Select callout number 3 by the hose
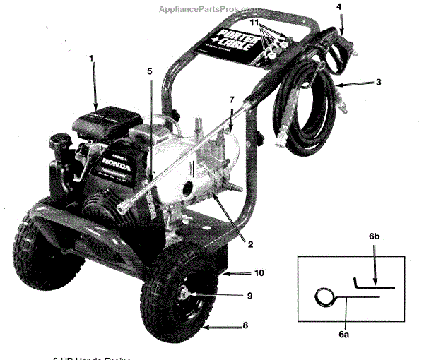pos(379,83)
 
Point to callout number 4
pos(339,7)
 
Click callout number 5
pos(150,71)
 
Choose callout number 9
pos(249,296)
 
